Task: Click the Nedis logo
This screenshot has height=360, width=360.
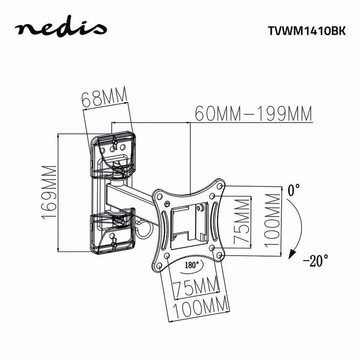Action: pyautogui.click(x=61, y=29)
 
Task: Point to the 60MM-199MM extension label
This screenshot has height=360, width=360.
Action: pyautogui.click(x=253, y=113)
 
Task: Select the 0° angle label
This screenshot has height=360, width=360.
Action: pyautogui.click(x=294, y=191)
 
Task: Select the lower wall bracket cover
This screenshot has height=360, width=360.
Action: pyautogui.click(x=112, y=231)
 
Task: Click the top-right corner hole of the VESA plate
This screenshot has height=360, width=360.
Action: pyautogui.click(x=221, y=184)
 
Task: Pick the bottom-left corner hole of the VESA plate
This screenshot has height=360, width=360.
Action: pyautogui.click(x=160, y=265)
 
